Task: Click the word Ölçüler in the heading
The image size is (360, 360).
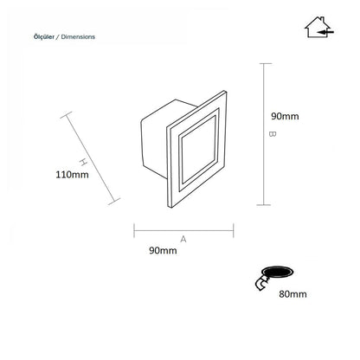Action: pos(44,37)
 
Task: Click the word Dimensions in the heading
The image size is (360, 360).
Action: pos(78,37)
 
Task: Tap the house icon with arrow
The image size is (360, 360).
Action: pos(318,27)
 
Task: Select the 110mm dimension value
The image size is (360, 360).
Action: pos(72,175)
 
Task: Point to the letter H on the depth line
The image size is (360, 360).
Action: pos(83,162)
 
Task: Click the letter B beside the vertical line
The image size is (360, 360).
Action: pos(273,134)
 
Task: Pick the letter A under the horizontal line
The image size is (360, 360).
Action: pos(183,239)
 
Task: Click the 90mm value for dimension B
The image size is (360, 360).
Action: pos(285,116)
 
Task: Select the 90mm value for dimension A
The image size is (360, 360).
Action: pos(163,250)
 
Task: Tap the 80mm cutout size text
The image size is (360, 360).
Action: pos(292,294)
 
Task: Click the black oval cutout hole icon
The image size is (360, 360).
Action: pos(277,272)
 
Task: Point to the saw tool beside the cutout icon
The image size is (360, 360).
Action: pos(262,283)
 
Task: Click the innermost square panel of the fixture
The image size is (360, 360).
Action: pos(199,149)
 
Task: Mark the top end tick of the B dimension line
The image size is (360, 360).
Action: pos(264,63)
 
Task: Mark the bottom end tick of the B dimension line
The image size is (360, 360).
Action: pos(264,205)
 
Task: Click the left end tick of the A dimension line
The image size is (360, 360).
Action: pos(134,230)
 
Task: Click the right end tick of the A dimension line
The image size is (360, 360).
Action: pos(233,230)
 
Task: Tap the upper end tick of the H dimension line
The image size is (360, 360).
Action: pos(67,115)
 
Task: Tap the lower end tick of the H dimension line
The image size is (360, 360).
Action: pos(114,202)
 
